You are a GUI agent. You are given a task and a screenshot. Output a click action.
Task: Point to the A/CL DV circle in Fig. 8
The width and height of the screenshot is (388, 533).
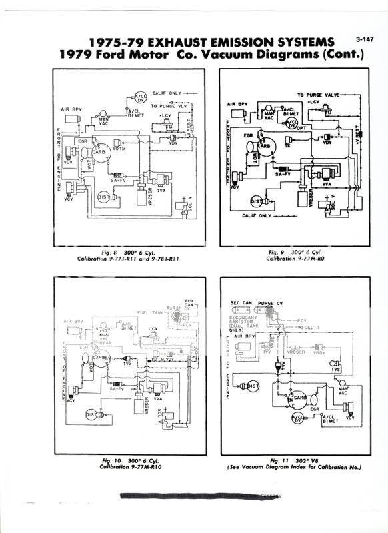tap(141, 96)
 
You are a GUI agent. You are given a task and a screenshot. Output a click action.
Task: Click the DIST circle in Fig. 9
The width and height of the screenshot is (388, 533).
tap(255, 201)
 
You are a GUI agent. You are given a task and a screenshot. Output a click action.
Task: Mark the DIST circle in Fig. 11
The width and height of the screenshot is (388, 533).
tap(253, 386)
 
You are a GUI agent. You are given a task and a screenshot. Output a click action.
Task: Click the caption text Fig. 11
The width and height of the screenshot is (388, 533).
tap(281, 460)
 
